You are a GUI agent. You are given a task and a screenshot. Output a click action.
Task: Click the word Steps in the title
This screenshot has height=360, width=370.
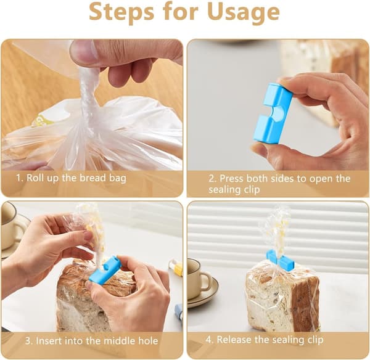tap(121, 12)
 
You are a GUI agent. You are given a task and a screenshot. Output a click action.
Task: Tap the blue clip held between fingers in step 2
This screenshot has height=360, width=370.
tap(273, 113)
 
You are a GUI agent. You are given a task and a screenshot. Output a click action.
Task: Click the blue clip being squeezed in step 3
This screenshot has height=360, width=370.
tap(104, 269)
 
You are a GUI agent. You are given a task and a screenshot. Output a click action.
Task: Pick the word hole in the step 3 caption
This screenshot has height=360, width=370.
tap(149, 341)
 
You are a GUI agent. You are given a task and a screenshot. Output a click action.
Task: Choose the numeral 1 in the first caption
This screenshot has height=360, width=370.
tap(18, 178)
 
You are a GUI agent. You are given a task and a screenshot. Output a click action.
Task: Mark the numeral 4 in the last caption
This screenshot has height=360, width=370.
tap(208, 340)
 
